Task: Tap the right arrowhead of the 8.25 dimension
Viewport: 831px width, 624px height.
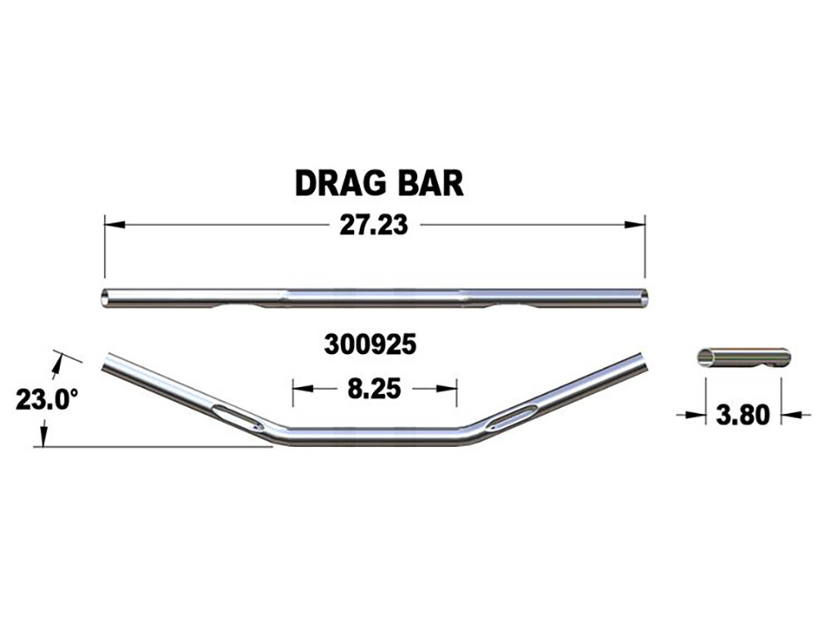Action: tap(450, 388)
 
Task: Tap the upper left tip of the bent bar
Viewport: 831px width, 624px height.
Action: tap(106, 361)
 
